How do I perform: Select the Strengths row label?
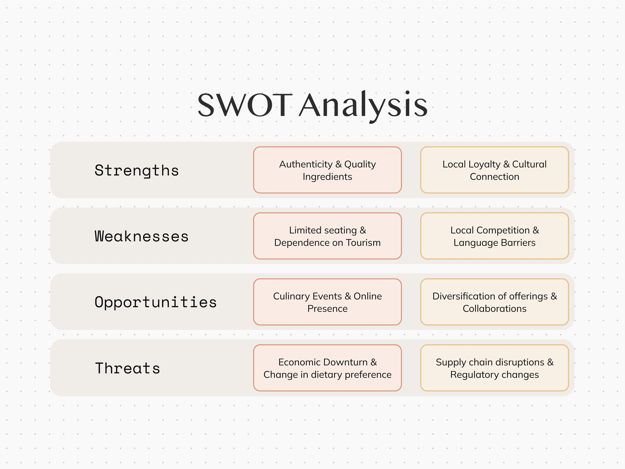137,171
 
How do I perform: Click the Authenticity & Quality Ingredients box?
327,170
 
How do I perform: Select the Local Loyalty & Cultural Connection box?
495,170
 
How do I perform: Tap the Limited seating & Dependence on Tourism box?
327,236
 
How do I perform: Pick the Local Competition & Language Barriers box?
495,236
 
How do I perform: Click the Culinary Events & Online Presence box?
327,302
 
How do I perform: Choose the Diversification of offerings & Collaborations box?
495,302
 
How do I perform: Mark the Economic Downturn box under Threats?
327,368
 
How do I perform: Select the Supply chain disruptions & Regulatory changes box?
495,368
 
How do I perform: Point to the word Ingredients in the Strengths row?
327,177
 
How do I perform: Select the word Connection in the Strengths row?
495,177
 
